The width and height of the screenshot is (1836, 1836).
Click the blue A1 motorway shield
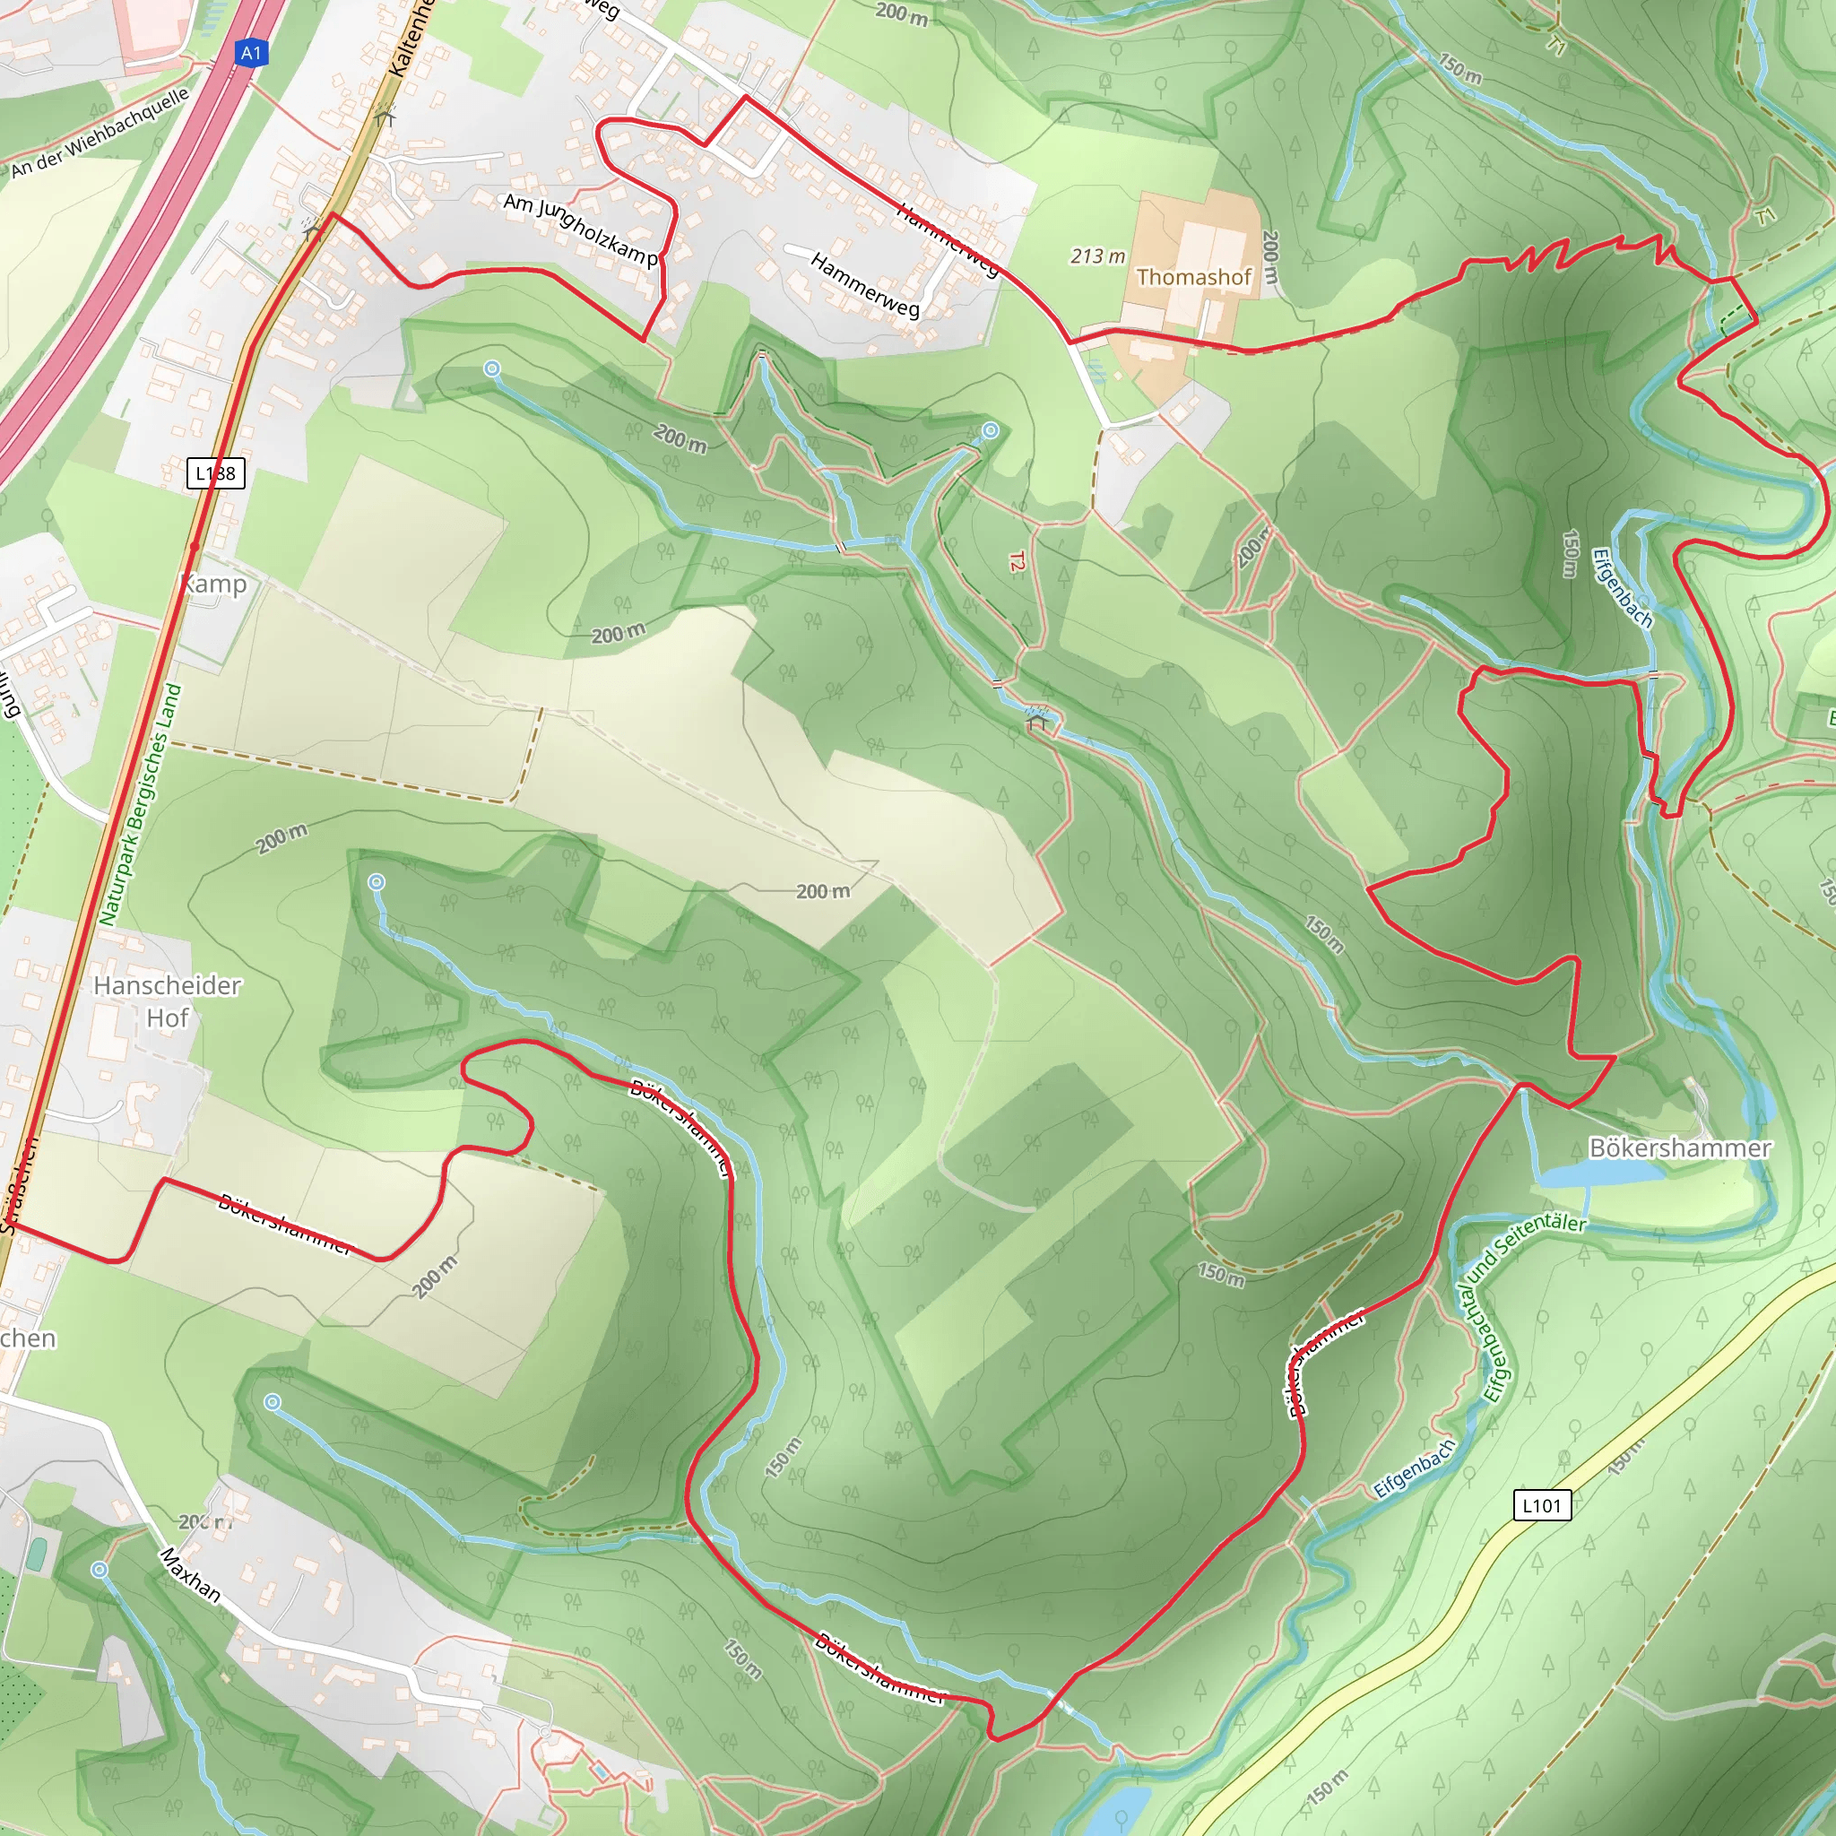click(x=251, y=53)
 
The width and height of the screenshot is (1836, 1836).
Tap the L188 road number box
click(x=216, y=473)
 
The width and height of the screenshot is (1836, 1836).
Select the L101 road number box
click(x=1541, y=1505)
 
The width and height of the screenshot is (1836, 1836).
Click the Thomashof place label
click(x=1193, y=278)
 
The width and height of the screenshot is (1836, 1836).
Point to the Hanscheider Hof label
click(x=168, y=1001)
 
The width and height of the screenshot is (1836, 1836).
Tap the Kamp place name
click(x=215, y=584)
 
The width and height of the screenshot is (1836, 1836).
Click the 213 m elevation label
click(x=1097, y=256)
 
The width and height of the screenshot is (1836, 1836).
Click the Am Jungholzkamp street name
click(x=580, y=229)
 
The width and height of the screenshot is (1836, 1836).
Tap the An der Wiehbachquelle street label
click(x=100, y=132)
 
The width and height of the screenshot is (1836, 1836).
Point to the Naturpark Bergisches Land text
click(x=141, y=804)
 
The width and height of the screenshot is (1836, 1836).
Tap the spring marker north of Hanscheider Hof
click(x=377, y=883)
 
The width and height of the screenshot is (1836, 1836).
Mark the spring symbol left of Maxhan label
click(x=99, y=1570)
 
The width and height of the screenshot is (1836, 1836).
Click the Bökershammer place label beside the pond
click(x=1680, y=1149)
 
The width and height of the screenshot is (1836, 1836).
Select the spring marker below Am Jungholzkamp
click(x=491, y=368)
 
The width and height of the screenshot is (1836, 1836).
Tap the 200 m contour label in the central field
click(x=823, y=891)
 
